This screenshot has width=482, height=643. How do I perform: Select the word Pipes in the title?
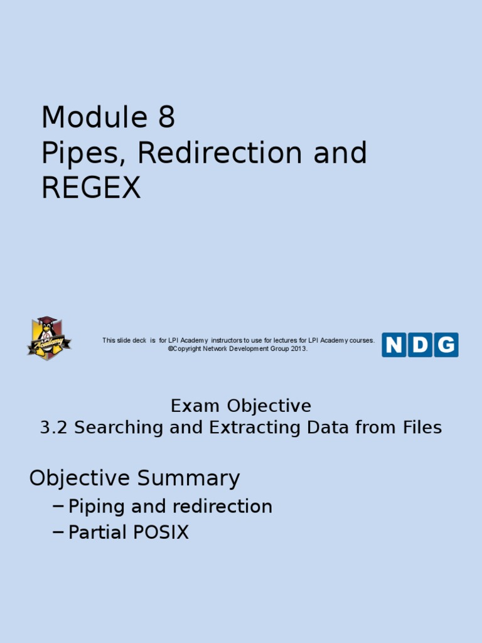[80, 154]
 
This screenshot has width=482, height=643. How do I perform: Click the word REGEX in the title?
[91, 188]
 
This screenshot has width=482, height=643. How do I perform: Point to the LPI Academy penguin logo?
[49, 338]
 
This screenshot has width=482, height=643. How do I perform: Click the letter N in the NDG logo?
[394, 345]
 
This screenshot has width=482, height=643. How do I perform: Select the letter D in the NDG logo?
[420, 345]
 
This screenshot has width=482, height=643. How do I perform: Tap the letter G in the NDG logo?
[446, 345]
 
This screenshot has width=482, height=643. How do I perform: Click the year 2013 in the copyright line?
[298, 349]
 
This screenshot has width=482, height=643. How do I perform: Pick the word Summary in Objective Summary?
[189, 478]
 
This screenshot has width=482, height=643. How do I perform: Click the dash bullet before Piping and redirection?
[59, 506]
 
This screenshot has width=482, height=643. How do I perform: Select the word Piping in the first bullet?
[94, 507]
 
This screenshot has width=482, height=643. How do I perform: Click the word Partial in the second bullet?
[96, 532]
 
